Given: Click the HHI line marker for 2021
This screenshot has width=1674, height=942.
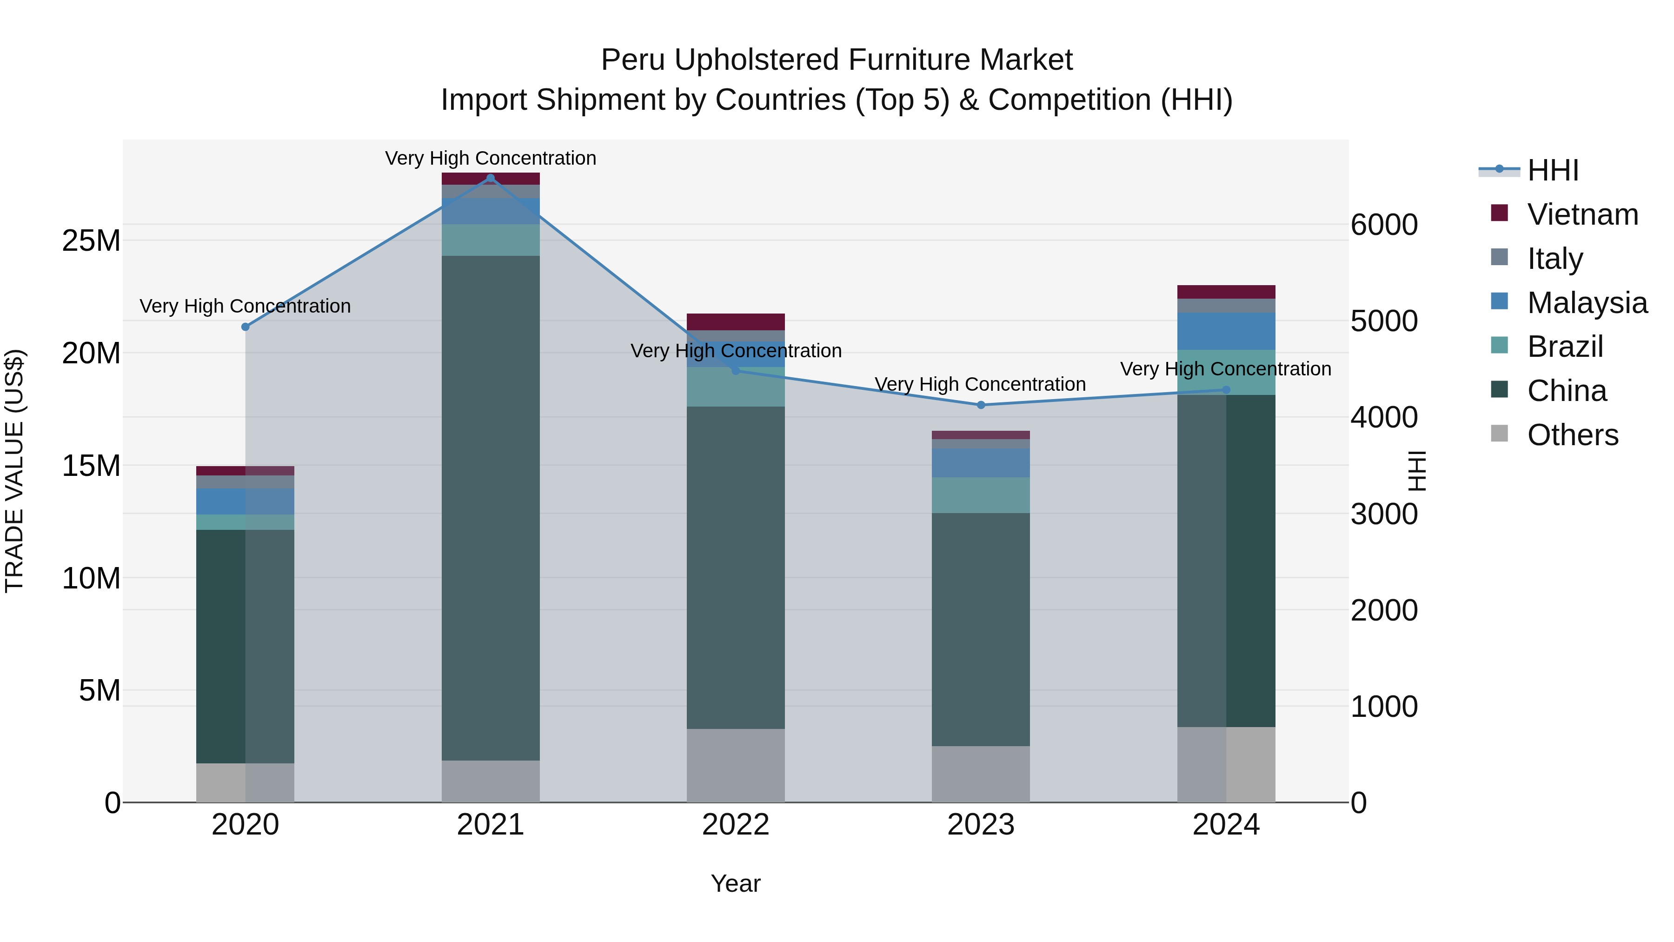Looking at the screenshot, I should (491, 178).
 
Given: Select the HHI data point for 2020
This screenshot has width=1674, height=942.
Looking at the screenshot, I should (246, 327).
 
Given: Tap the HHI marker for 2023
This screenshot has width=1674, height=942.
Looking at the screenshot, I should (981, 405).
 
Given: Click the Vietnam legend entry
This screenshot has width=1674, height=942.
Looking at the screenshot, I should (1582, 214).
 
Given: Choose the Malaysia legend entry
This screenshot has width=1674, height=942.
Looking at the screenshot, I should (1587, 303).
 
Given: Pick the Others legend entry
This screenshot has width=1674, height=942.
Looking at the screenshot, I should (1573, 435).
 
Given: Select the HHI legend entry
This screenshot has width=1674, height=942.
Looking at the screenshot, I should (1553, 170).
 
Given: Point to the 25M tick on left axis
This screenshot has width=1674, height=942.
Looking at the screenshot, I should (91, 241).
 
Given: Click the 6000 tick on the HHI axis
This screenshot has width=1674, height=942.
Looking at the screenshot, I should (1384, 225).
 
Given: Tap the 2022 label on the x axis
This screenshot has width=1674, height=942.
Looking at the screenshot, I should (736, 825).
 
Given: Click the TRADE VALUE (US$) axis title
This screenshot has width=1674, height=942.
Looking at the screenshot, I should (14, 471).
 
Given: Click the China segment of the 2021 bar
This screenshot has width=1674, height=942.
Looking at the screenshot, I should (491, 507).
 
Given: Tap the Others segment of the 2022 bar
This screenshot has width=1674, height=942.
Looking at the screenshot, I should (736, 765).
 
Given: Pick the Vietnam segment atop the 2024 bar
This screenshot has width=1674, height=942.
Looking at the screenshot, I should (1226, 292).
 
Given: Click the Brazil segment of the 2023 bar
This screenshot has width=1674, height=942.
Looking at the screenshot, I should (981, 495).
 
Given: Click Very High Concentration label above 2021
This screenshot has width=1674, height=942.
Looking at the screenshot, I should (491, 158).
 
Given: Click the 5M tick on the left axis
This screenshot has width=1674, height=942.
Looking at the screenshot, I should (100, 690).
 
